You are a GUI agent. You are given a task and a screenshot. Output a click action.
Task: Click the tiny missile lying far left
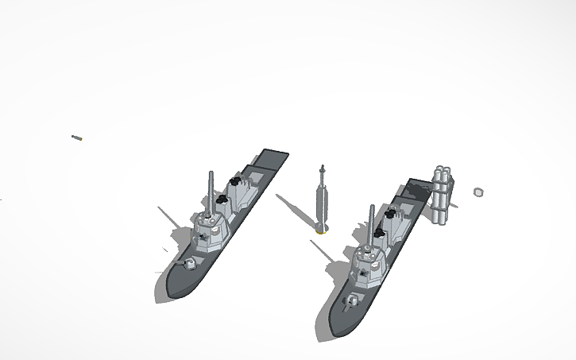[x=77, y=138]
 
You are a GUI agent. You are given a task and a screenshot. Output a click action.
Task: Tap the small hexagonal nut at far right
[x=478, y=192]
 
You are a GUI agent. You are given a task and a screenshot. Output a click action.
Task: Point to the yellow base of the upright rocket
[x=320, y=232]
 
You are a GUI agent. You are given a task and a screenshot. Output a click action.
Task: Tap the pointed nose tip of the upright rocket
[x=322, y=167]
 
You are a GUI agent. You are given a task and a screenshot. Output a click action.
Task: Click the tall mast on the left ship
[x=211, y=191]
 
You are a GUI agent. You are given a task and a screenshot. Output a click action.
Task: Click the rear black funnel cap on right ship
[x=392, y=213]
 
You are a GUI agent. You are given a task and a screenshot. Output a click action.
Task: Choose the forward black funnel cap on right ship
[x=379, y=235]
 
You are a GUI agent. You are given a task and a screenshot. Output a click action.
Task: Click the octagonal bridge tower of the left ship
[x=211, y=231]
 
